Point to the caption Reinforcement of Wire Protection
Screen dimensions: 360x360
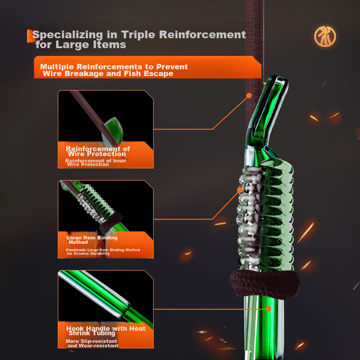point(98,151)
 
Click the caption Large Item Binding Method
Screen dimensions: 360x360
point(92,239)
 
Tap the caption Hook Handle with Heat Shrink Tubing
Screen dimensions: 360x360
point(106,331)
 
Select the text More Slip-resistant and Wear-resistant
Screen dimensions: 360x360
point(93,343)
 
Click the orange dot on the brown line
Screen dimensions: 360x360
point(248,95)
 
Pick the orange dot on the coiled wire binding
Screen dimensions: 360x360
point(240,190)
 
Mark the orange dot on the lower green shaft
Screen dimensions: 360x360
point(268,309)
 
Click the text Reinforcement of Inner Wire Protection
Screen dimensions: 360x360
point(95,162)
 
